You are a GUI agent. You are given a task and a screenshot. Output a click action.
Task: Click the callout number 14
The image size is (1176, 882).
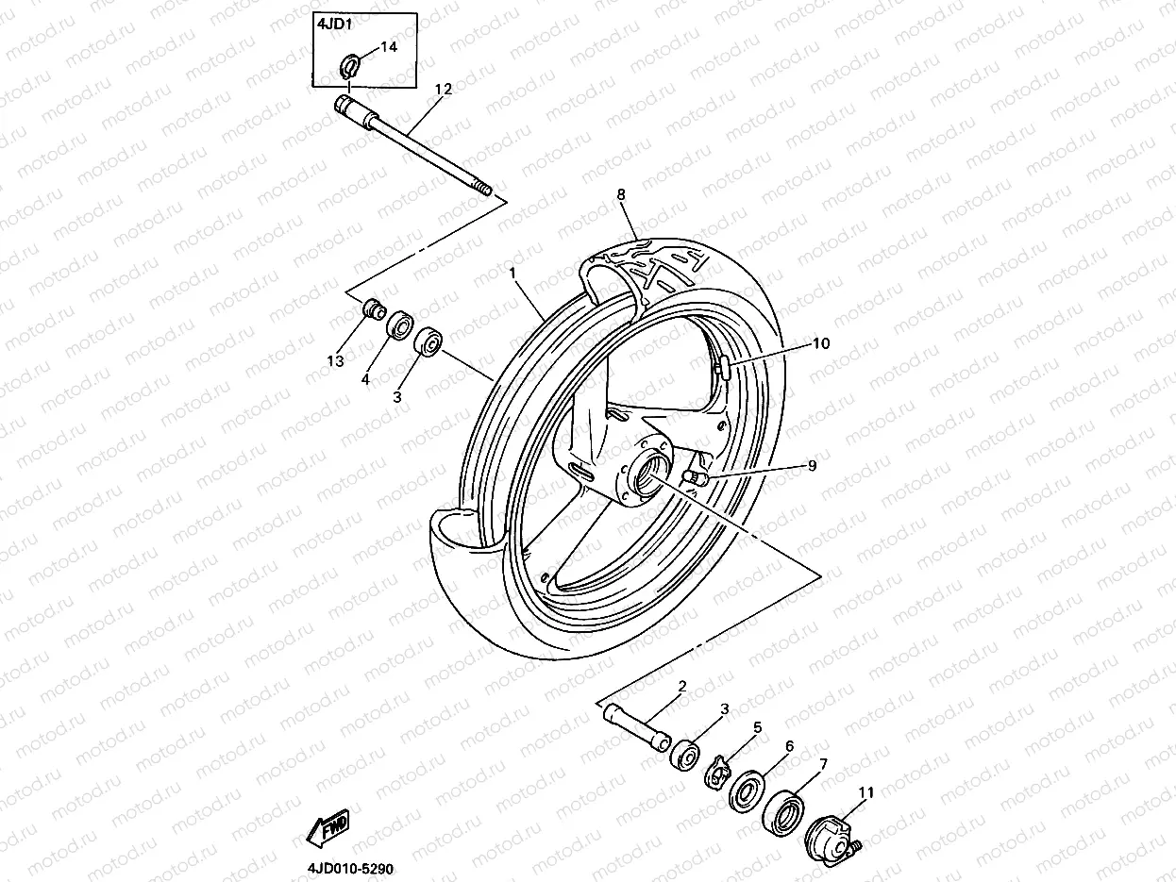click(x=389, y=46)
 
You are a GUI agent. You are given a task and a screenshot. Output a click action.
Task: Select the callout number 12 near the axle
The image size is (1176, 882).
click(x=443, y=89)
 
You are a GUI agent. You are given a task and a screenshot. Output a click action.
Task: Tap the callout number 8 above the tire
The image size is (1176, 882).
click(x=621, y=194)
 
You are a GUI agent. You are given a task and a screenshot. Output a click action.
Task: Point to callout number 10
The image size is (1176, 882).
click(x=820, y=343)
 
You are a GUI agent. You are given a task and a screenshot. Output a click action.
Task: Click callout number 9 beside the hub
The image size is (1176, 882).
click(x=812, y=465)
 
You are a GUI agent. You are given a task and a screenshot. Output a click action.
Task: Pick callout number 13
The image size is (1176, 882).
click(x=332, y=361)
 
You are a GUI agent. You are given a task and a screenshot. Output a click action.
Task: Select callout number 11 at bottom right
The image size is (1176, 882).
click(x=865, y=792)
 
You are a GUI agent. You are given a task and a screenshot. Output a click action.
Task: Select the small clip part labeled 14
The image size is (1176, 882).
click(x=348, y=67)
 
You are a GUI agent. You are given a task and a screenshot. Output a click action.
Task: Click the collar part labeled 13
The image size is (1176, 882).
click(x=374, y=308)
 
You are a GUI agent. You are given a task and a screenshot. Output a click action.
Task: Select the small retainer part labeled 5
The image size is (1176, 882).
click(x=720, y=770)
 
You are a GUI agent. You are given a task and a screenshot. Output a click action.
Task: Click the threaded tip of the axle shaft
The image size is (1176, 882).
click(x=485, y=191)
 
